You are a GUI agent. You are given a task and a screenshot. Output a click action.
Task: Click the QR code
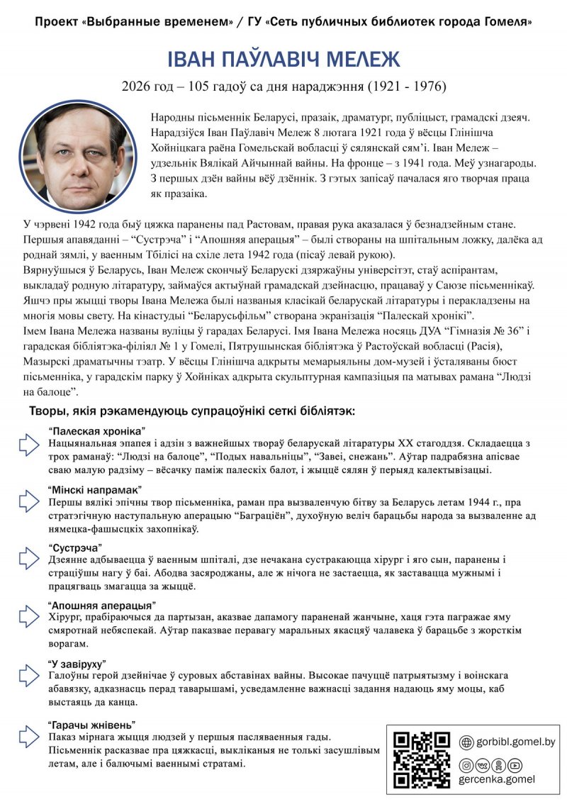point(422,759)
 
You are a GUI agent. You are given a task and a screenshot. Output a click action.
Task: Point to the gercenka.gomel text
point(497,779)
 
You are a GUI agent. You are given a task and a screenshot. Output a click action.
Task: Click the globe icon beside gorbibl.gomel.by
point(466,742)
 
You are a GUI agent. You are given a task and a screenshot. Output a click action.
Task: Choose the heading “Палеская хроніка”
point(97,431)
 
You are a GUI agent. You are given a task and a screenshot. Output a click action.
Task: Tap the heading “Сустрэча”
point(76,547)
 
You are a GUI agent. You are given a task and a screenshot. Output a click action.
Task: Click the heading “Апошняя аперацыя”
point(102,606)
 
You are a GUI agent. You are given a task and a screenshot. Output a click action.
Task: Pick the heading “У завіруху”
point(77,664)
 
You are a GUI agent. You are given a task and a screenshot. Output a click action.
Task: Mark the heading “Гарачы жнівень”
point(91,725)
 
